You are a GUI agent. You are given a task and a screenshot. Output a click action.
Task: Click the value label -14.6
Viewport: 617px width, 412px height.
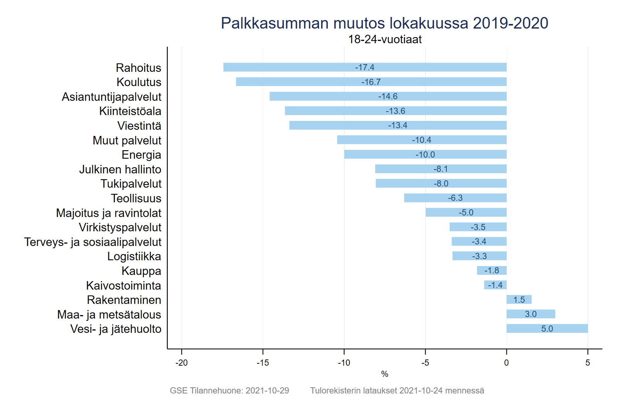tap(388, 97)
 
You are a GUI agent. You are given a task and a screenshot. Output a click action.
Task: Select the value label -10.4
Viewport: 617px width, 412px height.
tap(421, 140)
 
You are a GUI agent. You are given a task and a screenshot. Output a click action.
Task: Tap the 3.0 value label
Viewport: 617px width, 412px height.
tap(531, 314)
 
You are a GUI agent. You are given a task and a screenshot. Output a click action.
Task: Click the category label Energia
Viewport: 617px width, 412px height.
tap(141, 155)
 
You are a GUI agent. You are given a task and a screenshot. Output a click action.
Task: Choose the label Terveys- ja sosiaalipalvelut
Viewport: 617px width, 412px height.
tap(93, 242)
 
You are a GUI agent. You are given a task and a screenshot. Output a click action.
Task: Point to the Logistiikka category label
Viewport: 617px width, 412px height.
tap(134, 256)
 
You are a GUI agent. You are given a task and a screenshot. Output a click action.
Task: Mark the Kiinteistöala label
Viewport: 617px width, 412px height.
tap(130, 111)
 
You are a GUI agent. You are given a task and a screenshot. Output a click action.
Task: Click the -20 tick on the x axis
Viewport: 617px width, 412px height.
tap(181, 363)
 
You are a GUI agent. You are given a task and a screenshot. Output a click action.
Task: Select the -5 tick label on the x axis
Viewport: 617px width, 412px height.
tap(425, 363)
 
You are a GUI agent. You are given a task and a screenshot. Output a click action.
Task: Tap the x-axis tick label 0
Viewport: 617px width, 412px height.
tap(506, 363)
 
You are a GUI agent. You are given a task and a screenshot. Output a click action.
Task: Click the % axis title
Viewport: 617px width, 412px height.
tap(384, 374)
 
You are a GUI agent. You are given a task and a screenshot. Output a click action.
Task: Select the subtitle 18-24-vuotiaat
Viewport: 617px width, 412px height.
tap(384, 39)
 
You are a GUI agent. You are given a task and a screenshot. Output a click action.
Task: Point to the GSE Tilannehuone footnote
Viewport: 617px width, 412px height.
tap(229, 391)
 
